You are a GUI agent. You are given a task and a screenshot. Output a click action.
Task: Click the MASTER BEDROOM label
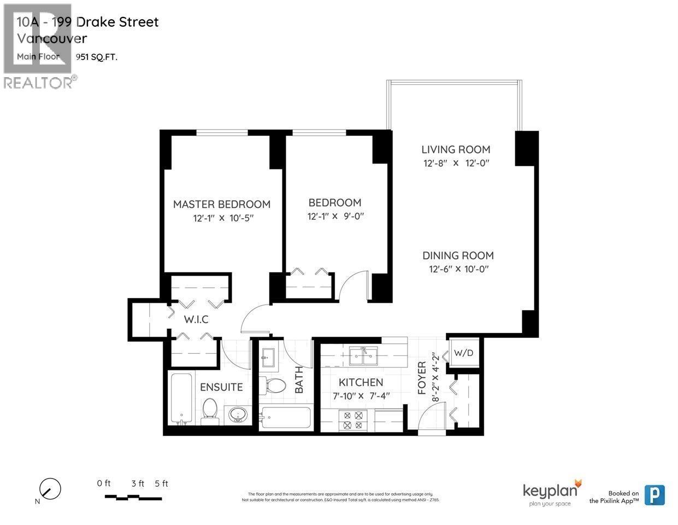(x=221, y=204)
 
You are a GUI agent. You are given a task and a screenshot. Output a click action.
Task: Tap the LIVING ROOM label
(x=456, y=149)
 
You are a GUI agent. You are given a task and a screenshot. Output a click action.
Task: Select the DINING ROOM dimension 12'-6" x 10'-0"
(x=458, y=269)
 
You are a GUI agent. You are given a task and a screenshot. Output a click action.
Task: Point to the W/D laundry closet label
(x=463, y=353)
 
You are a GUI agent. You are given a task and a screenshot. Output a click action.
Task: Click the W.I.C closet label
(x=196, y=319)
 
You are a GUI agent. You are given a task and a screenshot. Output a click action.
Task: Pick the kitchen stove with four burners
(x=352, y=420)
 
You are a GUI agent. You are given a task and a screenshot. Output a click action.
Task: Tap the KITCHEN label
(x=361, y=382)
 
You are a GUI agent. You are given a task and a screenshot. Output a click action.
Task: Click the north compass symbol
(x=50, y=488)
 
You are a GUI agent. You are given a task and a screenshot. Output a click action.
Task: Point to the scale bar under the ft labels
(x=133, y=498)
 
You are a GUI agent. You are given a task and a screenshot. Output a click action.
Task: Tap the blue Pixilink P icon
(x=655, y=495)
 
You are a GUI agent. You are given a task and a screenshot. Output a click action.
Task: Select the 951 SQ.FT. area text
(x=97, y=56)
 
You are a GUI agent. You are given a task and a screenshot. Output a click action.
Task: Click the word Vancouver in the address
(x=51, y=39)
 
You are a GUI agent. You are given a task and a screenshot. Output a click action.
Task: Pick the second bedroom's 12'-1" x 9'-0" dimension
(x=335, y=216)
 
